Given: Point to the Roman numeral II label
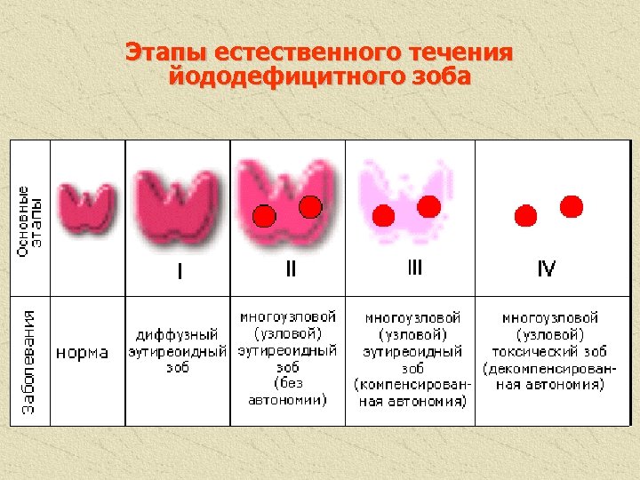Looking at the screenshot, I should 291,268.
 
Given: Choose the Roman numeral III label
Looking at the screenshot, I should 414,267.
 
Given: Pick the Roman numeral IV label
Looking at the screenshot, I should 546,268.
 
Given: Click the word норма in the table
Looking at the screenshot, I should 83,352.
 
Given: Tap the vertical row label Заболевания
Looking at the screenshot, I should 28,361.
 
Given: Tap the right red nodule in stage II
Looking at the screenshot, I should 310,206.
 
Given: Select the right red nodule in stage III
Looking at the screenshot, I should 429,206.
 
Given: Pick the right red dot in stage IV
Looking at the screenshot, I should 572,206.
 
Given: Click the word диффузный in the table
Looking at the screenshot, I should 177,335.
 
